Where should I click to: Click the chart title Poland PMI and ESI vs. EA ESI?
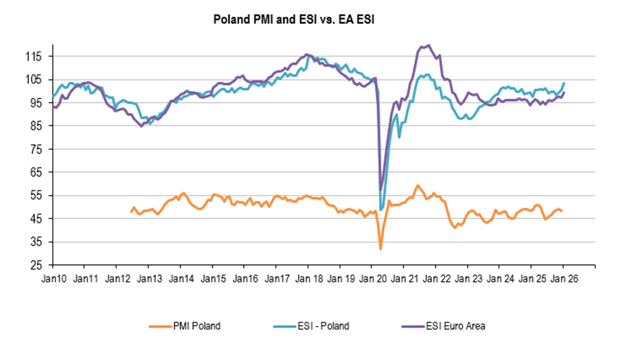(x=294, y=20)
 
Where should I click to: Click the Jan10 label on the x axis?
(x=53, y=278)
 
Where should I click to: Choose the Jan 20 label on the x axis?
(x=371, y=278)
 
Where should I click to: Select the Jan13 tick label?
(x=149, y=278)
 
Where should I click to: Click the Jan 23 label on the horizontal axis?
(x=467, y=278)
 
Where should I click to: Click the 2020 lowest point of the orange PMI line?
(x=380, y=249)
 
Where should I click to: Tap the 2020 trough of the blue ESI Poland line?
(x=382, y=210)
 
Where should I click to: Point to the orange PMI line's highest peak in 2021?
(x=418, y=185)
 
